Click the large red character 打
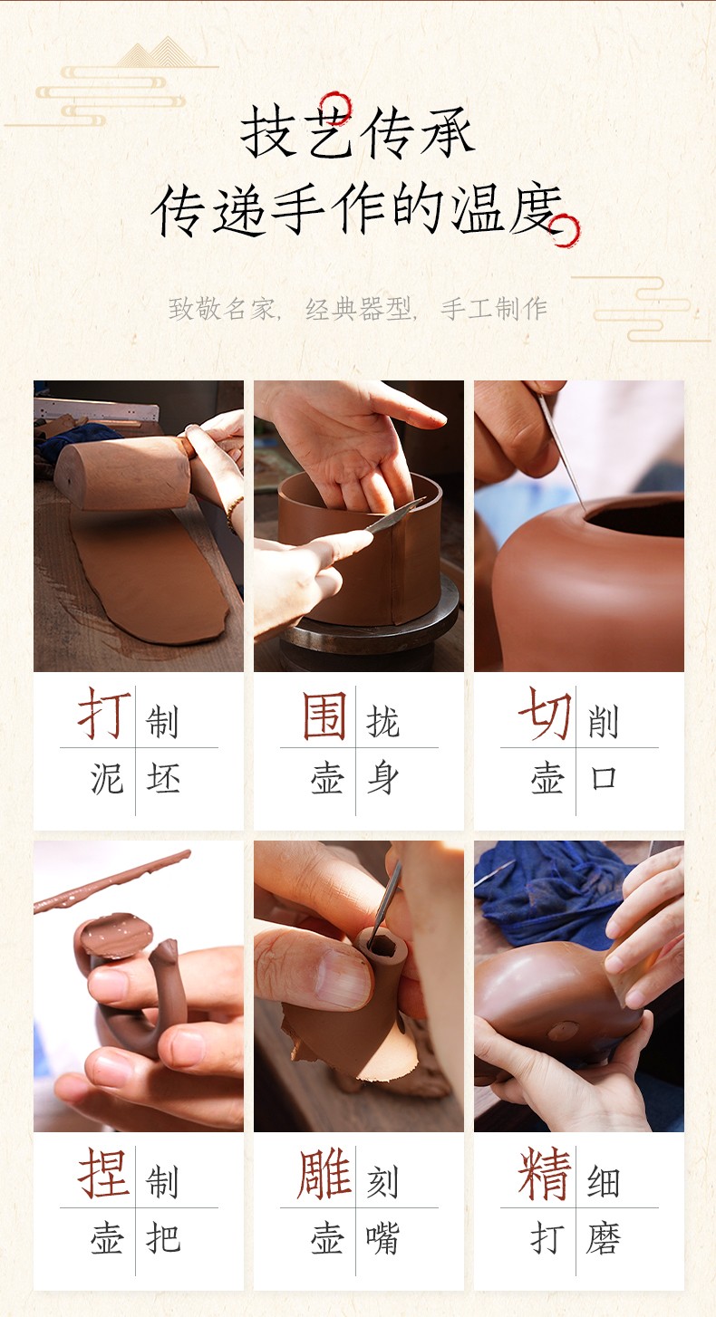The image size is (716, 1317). click(x=105, y=713)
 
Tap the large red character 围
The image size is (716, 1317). click(x=324, y=716)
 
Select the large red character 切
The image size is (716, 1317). click(x=545, y=713)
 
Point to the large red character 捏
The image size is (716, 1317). click(x=103, y=1173)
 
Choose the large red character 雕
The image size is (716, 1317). click(x=324, y=1173)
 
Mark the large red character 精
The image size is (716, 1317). click(x=545, y=1173)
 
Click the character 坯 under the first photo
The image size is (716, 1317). click(x=163, y=778)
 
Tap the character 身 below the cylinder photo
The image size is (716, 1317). click(x=383, y=778)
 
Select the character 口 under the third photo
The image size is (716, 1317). click(x=604, y=778)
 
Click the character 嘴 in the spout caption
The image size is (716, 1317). click(x=383, y=1238)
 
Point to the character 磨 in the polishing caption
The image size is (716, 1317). click(x=604, y=1238)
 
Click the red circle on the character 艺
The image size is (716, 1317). click(x=336, y=108)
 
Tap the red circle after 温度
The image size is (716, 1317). click(x=565, y=230)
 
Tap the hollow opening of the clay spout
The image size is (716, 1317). click(x=382, y=947)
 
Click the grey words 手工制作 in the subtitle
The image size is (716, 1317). click(x=494, y=309)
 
